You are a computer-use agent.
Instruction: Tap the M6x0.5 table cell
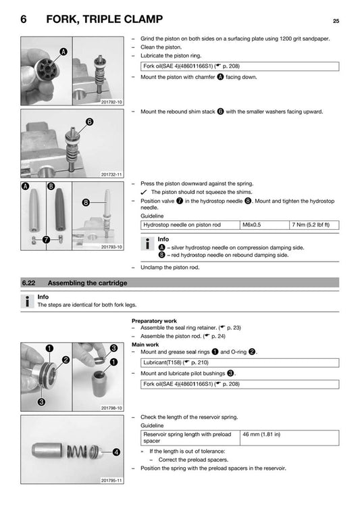pos(253,224)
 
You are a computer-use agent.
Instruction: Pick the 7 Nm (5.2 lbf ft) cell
pos(311,224)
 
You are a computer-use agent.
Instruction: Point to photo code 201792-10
pos(111,101)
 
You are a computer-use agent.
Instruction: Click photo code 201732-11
pos(111,174)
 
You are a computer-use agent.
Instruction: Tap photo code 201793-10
pos(111,248)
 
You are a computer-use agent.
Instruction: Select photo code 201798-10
pos(111,408)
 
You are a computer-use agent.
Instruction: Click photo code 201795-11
pos(111,481)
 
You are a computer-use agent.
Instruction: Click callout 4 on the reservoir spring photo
pos(116,452)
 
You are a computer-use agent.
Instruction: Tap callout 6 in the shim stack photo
pos(89,122)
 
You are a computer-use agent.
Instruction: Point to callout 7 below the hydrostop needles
pos(45,239)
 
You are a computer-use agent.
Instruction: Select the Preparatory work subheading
pos(154,320)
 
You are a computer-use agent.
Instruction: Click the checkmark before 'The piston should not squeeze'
pos(145,192)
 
